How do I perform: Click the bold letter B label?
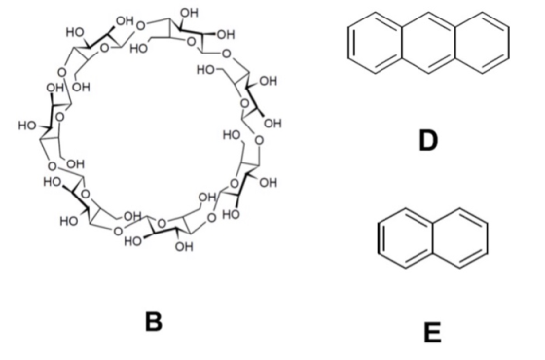pos(154,322)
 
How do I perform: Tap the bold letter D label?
pos(428,140)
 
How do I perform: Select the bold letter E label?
pos(433,333)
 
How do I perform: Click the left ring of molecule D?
pos(349,43)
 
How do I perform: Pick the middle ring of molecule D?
pos(402,43)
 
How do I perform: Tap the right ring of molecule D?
pos(509,43)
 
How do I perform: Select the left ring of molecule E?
pos(379,238)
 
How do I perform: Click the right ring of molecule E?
pos(487,238)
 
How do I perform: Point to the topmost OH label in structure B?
pos(189,13)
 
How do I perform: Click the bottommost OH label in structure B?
pos(184,247)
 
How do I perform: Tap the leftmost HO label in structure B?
pos(27,126)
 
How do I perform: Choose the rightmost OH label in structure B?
pos(272,123)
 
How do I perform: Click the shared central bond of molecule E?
pos(433,238)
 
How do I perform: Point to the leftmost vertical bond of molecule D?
pos(349,43)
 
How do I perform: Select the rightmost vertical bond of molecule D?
pos(509,43)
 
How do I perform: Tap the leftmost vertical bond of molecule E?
pos(379,238)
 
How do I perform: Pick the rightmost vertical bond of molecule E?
pos(487,238)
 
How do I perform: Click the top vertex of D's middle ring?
pos(428,13)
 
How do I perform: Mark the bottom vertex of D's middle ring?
pos(428,73)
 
